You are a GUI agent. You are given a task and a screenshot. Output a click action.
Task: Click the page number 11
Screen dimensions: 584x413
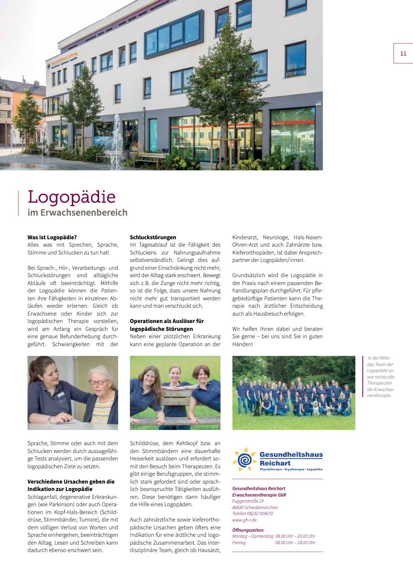[x=403, y=54]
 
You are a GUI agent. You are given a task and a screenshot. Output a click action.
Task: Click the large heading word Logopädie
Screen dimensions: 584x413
[x=71, y=197]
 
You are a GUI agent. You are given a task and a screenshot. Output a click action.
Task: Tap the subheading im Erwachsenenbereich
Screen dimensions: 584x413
[x=77, y=213]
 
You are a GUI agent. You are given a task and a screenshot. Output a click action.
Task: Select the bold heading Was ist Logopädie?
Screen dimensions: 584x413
[x=52, y=237]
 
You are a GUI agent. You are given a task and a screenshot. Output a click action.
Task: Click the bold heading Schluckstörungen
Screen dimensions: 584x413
[x=153, y=237]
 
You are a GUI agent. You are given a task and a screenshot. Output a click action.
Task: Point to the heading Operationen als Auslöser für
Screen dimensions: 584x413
[x=167, y=321]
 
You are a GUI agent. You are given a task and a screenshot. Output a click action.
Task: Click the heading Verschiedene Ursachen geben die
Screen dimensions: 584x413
[x=71, y=481]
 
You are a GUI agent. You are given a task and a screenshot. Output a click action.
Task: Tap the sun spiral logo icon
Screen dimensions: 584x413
[x=244, y=459]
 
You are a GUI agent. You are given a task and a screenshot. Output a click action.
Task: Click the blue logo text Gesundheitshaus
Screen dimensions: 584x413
[x=291, y=455]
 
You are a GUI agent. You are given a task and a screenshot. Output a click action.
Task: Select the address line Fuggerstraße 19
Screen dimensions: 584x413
[x=248, y=501]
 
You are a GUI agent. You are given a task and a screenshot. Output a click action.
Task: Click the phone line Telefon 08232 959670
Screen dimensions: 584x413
[x=252, y=513]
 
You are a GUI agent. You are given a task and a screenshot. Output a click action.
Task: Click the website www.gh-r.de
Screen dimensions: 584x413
[x=244, y=520]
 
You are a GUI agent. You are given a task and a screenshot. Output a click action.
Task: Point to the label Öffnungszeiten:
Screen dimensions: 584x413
[x=248, y=530]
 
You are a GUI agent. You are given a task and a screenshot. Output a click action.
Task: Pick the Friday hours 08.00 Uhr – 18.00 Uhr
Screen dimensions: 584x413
[x=295, y=542]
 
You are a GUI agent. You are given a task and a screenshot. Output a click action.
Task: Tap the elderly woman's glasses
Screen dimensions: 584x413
[x=98, y=382]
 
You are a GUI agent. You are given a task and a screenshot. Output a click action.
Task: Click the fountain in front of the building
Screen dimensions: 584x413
[x=116, y=139]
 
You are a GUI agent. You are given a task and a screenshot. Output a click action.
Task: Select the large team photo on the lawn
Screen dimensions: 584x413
[x=294, y=392]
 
